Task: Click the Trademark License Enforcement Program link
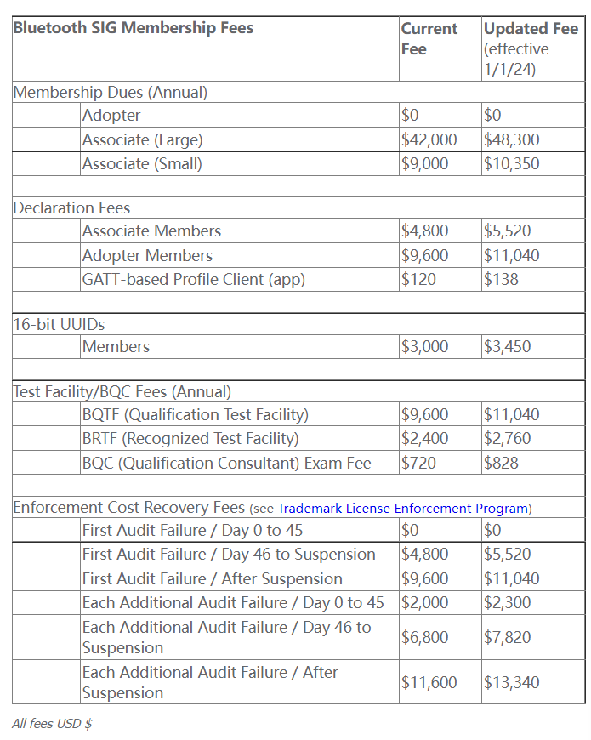(x=403, y=509)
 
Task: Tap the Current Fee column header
(x=429, y=38)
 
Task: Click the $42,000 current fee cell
(x=429, y=139)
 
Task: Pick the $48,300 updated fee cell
(x=511, y=139)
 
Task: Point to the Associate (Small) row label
(x=142, y=163)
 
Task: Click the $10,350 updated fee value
(x=511, y=163)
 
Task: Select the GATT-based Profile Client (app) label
(x=193, y=279)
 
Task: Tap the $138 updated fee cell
(x=501, y=279)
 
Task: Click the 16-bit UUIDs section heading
(x=60, y=324)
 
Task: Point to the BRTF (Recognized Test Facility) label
(x=190, y=439)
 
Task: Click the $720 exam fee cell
(x=418, y=463)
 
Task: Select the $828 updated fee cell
(x=501, y=463)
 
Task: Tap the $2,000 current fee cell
(x=425, y=602)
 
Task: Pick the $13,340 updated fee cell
(x=511, y=682)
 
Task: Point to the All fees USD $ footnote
(x=52, y=724)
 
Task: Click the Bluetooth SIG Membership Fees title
(x=134, y=28)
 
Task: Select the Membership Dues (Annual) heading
(x=111, y=93)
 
